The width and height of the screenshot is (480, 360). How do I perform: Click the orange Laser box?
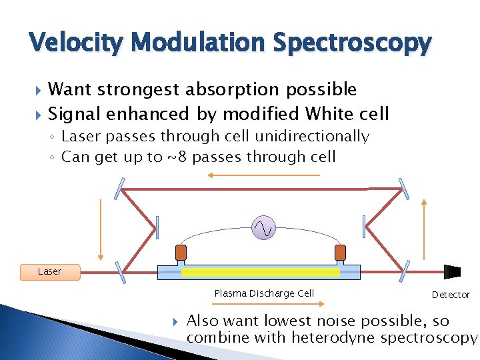pos(50,271)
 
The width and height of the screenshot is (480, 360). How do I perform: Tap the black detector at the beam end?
pos(453,271)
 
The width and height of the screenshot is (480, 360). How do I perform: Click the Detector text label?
pos(451,295)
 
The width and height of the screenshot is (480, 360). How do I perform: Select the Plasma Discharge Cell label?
pos(264,293)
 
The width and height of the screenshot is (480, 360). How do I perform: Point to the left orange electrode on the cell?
pos(181,253)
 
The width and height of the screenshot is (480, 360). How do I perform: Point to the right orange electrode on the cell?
pos(340,253)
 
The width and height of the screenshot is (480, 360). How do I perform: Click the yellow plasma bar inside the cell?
pos(260,272)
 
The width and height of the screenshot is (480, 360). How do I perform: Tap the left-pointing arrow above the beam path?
pos(263,175)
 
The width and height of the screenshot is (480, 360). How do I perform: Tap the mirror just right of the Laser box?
pos(120,271)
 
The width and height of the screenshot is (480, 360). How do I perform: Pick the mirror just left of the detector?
pos(405,271)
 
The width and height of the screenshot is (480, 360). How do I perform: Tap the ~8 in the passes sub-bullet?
pos(177,157)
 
